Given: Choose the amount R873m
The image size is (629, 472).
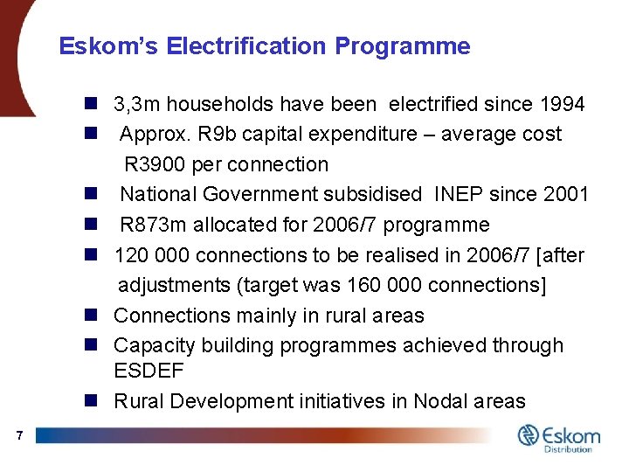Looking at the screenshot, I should tap(151, 225).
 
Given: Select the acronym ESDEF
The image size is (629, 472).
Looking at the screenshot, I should tap(149, 371).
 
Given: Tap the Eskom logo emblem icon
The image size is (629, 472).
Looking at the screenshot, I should tap(529, 435).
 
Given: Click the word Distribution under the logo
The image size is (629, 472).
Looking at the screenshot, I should tap(569, 449).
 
